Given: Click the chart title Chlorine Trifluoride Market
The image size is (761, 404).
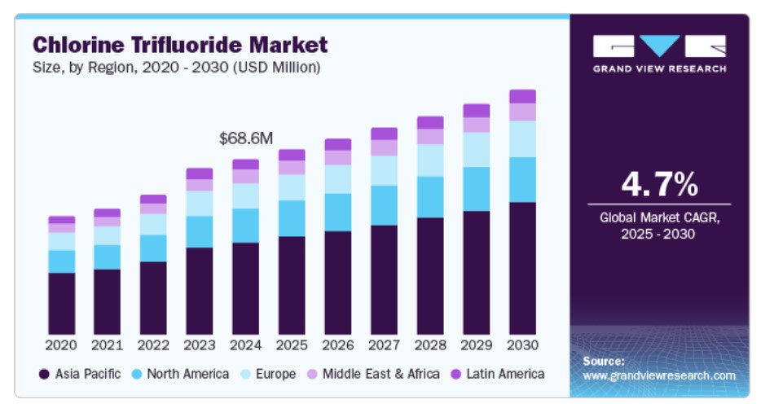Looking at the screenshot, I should (x=179, y=44).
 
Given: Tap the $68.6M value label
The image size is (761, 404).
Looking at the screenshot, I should (x=245, y=138).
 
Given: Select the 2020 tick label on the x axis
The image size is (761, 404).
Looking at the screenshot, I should (x=61, y=345).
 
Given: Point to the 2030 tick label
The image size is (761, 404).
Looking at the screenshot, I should (x=522, y=345).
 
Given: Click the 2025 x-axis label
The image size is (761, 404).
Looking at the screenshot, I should (x=292, y=345).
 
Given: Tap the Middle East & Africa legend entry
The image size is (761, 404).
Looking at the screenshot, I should (x=372, y=374).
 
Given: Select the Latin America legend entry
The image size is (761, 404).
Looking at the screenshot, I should (x=496, y=374).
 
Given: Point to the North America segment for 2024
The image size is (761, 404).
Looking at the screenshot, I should (x=245, y=226).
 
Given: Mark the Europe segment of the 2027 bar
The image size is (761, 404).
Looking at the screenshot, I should (x=384, y=170).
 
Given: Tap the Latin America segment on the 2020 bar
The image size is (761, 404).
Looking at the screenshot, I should (x=61, y=220).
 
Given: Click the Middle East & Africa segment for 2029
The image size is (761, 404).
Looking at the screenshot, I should (x=477, y=125).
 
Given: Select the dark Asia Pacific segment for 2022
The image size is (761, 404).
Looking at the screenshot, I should (x=153, y=296).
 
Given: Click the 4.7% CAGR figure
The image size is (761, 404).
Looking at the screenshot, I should (x=659, y=185).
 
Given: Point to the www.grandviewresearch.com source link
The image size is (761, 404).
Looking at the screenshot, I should (x=659, y=375).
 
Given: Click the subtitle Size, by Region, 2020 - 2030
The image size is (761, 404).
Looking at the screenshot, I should (x=176, y=68).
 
